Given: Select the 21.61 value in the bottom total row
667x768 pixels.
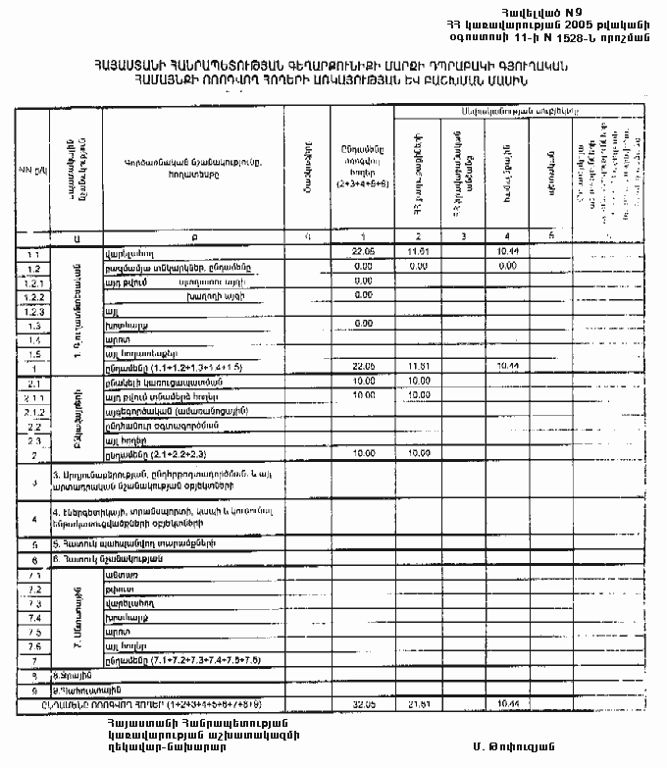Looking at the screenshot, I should pyautogui.click(x=419, y=703).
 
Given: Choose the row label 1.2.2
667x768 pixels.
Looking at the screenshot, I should pyautogui.click(x=32, y=295).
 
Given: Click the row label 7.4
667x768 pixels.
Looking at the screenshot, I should pyautogui.click(x=32, y=618).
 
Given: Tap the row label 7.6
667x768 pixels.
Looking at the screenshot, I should pyautogui.click(x=32, y=646).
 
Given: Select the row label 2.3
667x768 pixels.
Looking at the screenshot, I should pyautogui.click(x=32, y=440).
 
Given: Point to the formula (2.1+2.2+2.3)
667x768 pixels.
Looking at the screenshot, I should pyautogui.click(x=186, y=455).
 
